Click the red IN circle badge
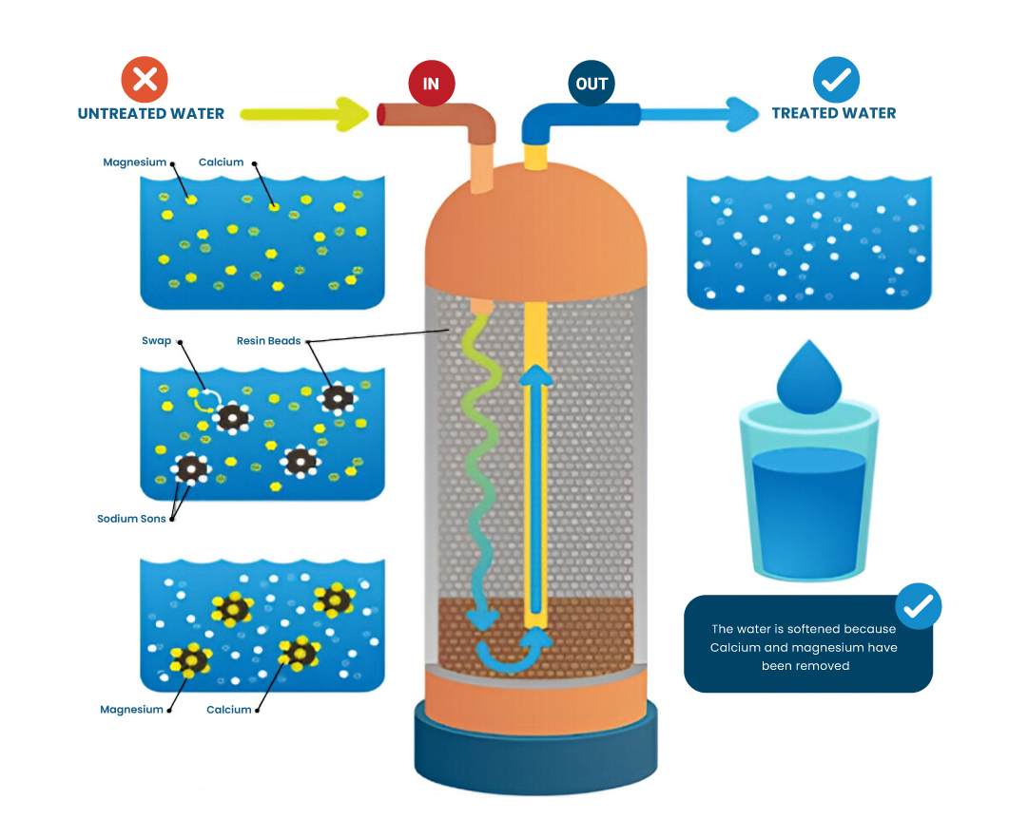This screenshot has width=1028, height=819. pos(431,83)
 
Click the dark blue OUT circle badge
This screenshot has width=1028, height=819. pos(591,83)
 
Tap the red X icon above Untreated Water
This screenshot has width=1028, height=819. pos(145,79)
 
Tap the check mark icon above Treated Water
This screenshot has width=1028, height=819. pos(836,79)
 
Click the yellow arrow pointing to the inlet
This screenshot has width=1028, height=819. pos(304,114)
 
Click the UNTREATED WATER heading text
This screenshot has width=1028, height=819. pos(150,114)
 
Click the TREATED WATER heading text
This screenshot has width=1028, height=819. pos(833,113)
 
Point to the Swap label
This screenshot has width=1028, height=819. pos(156,341)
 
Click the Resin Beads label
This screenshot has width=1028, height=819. pos(268,341)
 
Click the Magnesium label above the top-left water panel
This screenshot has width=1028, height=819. pos(134,162)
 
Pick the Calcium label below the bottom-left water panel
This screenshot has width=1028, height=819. pos(228,710)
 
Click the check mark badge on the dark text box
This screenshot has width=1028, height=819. pos(919,605)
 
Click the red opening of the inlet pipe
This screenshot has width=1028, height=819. pos(381,114)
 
